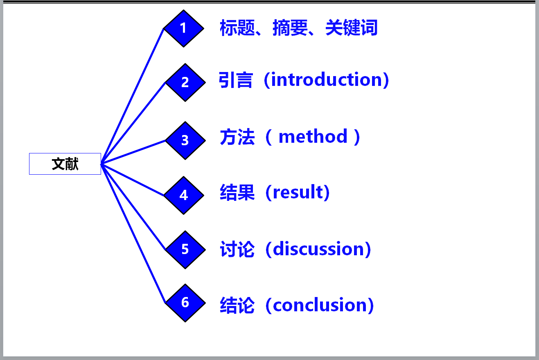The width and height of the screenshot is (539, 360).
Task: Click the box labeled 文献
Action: click(x=65, y=164)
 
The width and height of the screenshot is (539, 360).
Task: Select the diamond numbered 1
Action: click(x=184, y=28)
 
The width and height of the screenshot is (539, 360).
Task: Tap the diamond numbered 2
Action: click(x=185, y=83)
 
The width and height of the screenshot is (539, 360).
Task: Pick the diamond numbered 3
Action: click(x=185, y=140)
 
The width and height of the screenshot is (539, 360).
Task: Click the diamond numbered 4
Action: click(x=184, y=195)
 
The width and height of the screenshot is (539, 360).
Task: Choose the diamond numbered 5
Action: click(x=185, y=250)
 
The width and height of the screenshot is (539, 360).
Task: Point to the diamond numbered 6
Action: click(x=185, y=303)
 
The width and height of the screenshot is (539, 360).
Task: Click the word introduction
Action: click(x=326, y=79)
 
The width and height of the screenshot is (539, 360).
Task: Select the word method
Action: click(x=313, y=136)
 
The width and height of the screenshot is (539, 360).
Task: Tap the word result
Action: click(x=298, y=192)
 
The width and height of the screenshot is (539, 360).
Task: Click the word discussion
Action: click(x=318, y=249)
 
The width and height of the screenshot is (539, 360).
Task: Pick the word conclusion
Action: click(x=320, y=305)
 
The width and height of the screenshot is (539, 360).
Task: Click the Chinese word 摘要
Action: click(x=290, y=28)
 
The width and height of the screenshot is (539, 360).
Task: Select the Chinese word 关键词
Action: click(x=352, y=28)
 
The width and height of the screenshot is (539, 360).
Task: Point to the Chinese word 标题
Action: click(x=237, y=28)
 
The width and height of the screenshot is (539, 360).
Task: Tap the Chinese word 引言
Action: click(x=236, y=80)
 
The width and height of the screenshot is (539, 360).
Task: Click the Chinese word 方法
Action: click(x=237, y=137)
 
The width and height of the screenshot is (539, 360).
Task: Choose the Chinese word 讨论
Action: click(x=237, y=249)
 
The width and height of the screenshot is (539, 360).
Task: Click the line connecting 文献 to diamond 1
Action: click(x=132, y=96)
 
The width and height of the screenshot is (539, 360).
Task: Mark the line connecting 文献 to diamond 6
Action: click(x=133, y=234)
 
